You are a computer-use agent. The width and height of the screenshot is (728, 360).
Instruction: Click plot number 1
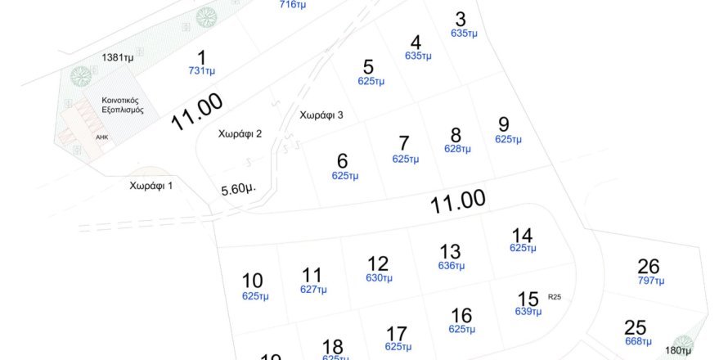click(201, 57)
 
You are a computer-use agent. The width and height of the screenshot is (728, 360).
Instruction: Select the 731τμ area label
click(201, 71)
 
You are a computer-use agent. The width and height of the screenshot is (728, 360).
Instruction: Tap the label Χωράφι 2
click(240, 133)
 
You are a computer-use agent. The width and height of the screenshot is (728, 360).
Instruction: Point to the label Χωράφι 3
click(321, 115)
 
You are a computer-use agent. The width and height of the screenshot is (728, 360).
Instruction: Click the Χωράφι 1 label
click(151, 186)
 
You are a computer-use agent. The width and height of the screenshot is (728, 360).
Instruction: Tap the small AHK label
click(101, 137)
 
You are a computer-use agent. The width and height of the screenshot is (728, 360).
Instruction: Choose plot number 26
click(649, 267)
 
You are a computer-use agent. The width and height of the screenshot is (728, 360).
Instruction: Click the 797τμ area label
click(651, 281)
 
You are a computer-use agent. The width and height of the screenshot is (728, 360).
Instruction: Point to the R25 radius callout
click(555, 296)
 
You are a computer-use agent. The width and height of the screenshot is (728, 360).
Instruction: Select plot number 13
click(450, 251)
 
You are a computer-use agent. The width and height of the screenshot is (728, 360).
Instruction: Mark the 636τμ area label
click(451, 265)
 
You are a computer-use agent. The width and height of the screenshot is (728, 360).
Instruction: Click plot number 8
click(456, 135)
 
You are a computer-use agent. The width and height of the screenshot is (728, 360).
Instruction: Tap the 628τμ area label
click(457, 149)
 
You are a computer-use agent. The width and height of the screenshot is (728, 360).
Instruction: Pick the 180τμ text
click(678, 350)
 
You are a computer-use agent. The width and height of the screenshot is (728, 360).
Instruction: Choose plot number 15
click(528, 298)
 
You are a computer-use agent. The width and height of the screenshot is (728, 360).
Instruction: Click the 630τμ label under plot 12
click(379, 277)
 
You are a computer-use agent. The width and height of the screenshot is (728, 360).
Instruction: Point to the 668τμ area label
click(637, 341)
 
